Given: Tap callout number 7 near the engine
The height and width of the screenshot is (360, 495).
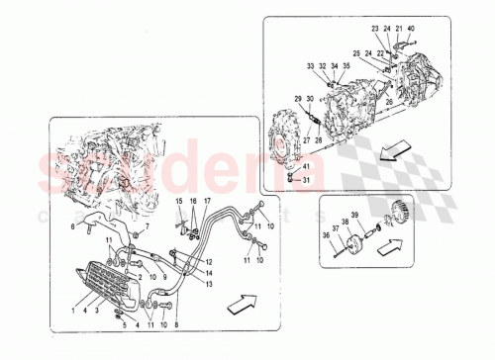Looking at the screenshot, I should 148,226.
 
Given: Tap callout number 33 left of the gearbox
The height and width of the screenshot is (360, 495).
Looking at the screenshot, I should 310,66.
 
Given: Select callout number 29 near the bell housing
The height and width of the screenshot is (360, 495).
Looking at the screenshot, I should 296,99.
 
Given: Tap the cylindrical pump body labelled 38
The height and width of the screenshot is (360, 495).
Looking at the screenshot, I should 352,240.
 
